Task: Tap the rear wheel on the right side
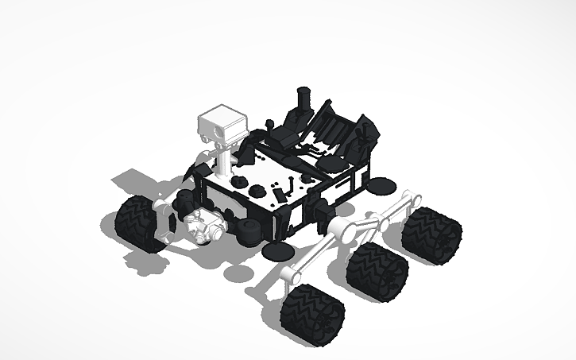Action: [x=431, y=234]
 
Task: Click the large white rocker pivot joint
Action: [x=342, y=230]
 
